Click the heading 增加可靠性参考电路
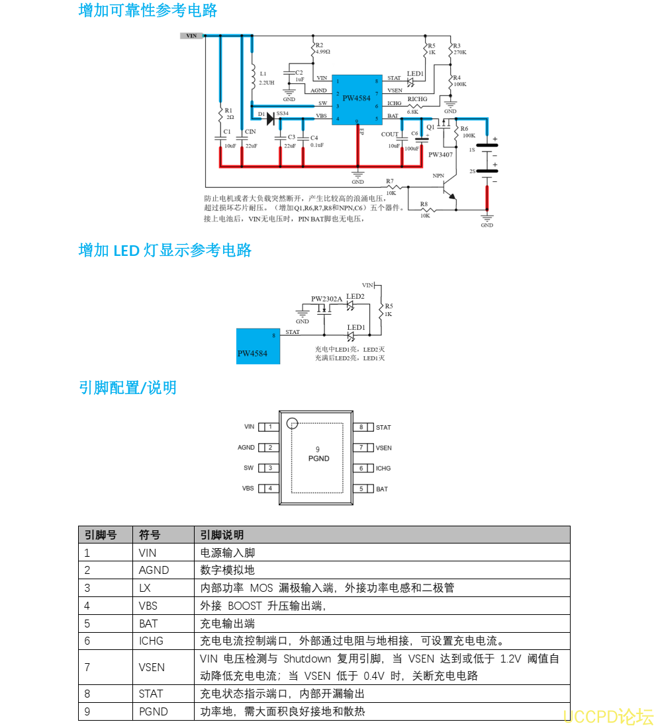coord(148,11)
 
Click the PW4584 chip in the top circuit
coord(357,99)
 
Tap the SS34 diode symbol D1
coord(270,118)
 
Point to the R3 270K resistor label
coord(459,49)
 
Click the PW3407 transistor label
coord(440,155)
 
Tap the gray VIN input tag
coord(191,36)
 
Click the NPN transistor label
coord(438,176)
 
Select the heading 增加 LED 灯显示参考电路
coord(165,251)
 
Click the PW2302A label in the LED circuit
coord(326,299)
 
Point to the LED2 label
coord(355,297)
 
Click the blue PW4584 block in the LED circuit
coord(258,346)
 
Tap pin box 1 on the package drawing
coord(268,427)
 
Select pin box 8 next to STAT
coord(361,427)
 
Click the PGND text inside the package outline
coord(318,458)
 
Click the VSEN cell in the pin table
coord(152,667)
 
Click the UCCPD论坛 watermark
coord(608,716)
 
